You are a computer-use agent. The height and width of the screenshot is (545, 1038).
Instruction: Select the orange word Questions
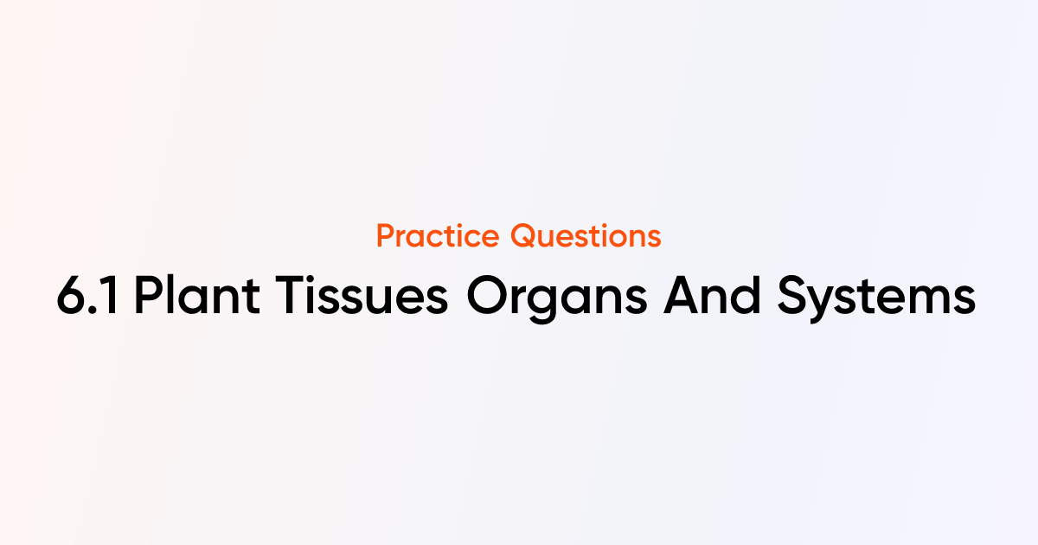coord(586,235)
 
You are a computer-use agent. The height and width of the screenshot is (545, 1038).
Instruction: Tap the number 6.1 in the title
coord(89,298)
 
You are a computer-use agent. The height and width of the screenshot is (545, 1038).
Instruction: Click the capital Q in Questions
coord(522,235)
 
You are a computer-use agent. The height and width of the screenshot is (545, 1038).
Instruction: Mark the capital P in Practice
coord(386,235)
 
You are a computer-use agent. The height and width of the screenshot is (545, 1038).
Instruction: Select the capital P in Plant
coord(149,298)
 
